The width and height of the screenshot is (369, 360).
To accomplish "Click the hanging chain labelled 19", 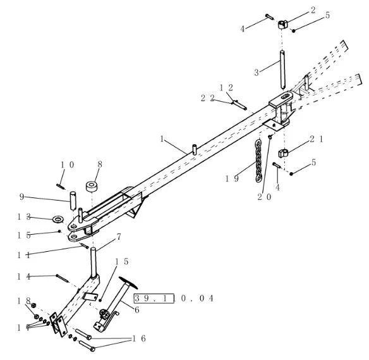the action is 258,161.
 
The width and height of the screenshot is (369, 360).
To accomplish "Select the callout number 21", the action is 317,139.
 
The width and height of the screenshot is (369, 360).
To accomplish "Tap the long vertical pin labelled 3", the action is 282,70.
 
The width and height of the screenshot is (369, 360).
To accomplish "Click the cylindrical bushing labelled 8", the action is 92,187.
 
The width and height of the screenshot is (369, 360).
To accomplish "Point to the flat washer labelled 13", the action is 58,219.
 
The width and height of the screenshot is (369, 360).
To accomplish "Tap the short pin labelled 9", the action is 73,201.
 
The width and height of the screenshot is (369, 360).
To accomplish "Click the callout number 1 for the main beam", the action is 162,139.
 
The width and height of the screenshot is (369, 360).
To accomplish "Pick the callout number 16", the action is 139,338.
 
